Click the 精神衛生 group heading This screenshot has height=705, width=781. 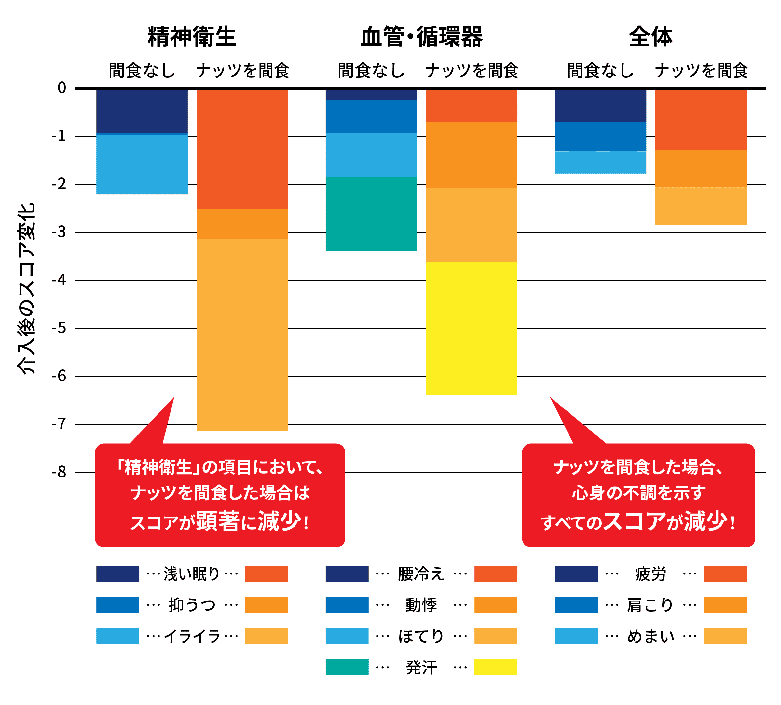pos(192,37)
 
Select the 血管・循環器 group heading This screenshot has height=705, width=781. pos(421,37)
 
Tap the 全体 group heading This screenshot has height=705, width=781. pos(651,37)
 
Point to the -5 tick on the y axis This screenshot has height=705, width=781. pos(59,328)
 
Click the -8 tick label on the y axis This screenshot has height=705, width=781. pos(59,472)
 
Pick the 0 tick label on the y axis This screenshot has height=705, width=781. pos(62,88)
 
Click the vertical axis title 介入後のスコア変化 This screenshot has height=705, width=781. pos(26,289)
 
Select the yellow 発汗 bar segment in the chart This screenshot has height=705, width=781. pos(471,328)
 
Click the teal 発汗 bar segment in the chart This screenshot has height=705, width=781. pos(371,214)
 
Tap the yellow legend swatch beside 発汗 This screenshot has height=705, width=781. pos(495,667)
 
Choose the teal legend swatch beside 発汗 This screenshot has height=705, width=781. pos(347,667)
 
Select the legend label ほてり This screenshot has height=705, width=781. pos(421,636)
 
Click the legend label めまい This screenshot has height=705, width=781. pos(651,636)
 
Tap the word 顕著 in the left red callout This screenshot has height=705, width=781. pos(218,521)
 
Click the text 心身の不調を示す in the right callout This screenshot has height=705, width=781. pos(638,493)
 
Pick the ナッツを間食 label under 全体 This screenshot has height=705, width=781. pos(701,71)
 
